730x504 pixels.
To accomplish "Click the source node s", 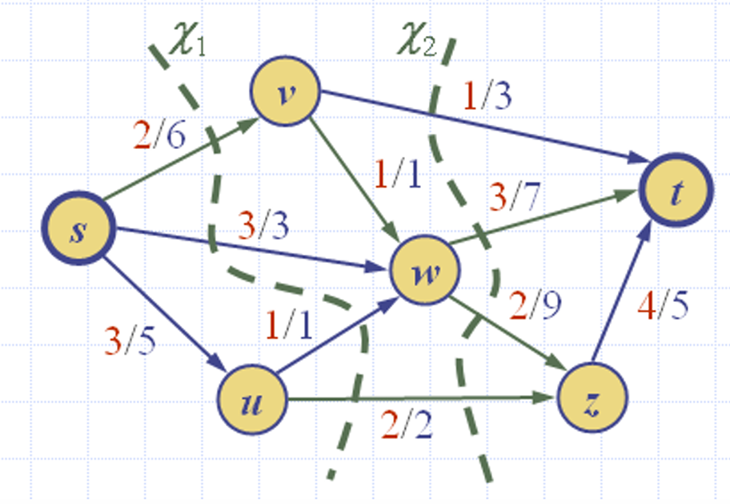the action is pyautogui.click(x=77, y=229).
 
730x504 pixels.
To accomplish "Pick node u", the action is pyautogui.click(x=252, y=398).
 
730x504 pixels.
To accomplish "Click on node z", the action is pyautogui.click(x=592, y=398).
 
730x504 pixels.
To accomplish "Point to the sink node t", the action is pyautogui.click(x=676, y=193).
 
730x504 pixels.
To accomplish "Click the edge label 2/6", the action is pyautogui.click(x=159, y=135).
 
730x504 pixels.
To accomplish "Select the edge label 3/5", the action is pyautogui.click(x=131, y=341).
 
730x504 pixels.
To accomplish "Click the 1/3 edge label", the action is pyautogui.click(x=487, y=96).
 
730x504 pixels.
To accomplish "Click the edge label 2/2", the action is pyautogui.click(x=407, y=425).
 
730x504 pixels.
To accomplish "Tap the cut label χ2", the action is pyautogui.click(x=417, y=41).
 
